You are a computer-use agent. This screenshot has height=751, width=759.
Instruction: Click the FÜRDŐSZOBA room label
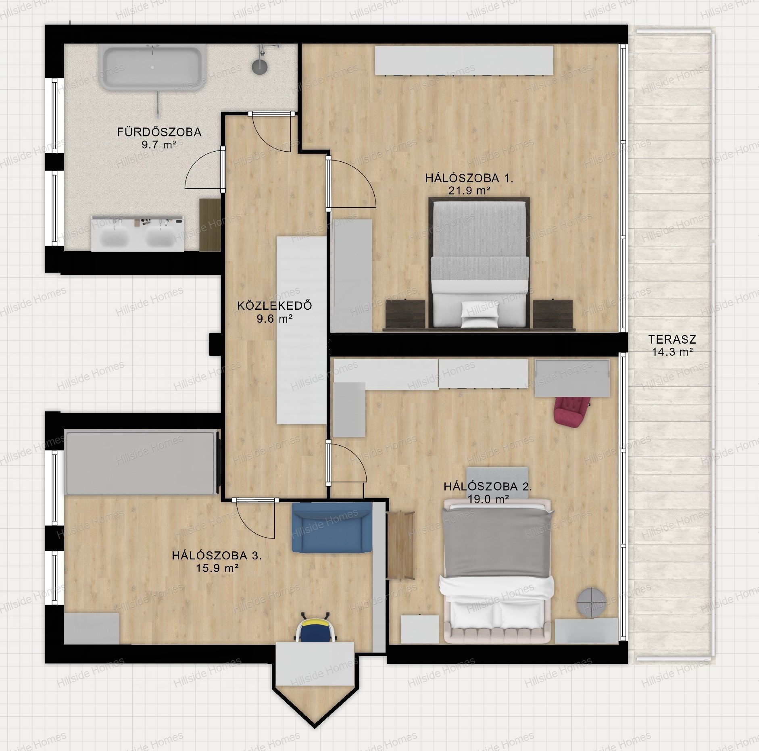coord(159,132)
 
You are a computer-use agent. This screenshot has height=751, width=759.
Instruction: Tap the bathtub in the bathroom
coord(151,68)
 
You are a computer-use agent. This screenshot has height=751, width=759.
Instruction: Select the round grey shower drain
coord(260,67)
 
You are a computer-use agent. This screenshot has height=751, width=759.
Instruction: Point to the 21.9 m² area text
coord(469,191)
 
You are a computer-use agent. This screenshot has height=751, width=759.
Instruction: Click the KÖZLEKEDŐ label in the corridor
coord(275,305)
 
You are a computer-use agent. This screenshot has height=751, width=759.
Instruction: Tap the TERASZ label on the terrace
coord(672,340)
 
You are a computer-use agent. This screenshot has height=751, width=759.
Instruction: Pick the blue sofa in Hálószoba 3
coord(332,527)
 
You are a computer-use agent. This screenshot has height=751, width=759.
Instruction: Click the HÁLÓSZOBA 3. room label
coord(217,555)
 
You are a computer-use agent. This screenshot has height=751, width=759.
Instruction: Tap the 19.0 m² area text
coord(488,499)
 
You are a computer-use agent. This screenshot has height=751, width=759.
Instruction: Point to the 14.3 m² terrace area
coord(673,352)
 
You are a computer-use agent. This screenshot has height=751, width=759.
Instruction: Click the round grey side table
coord(591,603)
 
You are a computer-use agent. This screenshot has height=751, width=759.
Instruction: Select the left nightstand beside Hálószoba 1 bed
coord(406,315)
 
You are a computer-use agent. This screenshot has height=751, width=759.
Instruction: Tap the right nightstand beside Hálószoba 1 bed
coord(553,315)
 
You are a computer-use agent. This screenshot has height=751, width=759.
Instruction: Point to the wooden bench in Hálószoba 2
coord(400,545)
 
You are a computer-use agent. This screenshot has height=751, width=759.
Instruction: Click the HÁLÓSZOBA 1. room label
coord(469,178)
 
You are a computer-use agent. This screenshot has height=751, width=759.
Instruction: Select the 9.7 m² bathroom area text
coord(159,145)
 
